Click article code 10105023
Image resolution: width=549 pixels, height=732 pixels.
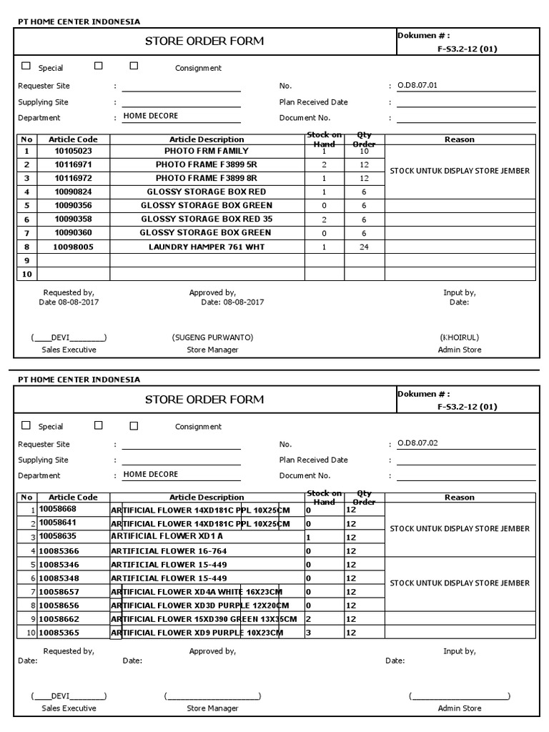click(x=73, y=152)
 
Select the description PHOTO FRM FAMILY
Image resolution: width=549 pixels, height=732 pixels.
click(x=207, y=152)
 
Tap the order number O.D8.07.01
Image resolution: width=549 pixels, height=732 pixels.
click(x=417, y=86)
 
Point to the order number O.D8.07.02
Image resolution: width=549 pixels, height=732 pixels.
click(x=417, y=443)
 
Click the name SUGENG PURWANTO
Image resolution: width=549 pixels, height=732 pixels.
click(x=212, y=337)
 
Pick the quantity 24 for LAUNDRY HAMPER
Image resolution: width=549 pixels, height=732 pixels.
click(x=364, y=247)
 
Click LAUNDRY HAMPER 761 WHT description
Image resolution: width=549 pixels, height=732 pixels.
click(x=207, y=247)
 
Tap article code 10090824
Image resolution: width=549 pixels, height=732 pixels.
click(x=73, y=192)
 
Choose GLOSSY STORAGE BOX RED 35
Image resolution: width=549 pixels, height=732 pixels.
click(x=207, y=219)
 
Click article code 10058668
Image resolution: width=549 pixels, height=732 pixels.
click(x=57, y=509)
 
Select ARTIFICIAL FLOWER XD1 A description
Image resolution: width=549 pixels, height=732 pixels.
click(x=167, y=536)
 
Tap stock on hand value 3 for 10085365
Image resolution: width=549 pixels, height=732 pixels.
click(x=308, y=633)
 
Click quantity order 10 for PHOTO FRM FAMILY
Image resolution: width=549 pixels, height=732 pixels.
click(x=364, y=152)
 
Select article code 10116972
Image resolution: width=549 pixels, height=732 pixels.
click(x=73, y=178)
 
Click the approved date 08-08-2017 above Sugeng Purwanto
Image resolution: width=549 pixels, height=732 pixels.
click(x=243, y=302)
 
